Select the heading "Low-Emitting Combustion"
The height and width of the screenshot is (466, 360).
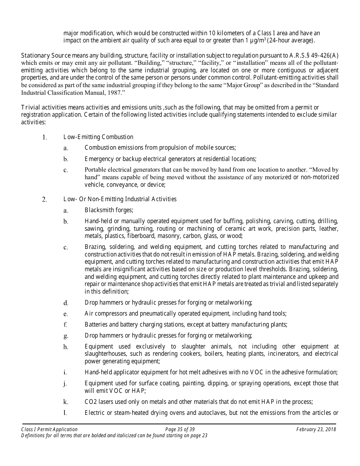[98, 137]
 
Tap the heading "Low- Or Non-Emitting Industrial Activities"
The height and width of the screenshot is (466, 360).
[120, 199]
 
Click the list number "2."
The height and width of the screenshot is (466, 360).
[44, 199]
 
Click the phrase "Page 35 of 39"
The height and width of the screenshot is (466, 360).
[180, 429]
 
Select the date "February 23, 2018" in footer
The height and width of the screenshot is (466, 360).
[316, 429]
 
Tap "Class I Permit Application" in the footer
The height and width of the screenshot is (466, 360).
[49, 429]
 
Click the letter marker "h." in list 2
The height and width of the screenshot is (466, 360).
[66, 347]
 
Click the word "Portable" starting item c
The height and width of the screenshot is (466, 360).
[95, 170]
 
